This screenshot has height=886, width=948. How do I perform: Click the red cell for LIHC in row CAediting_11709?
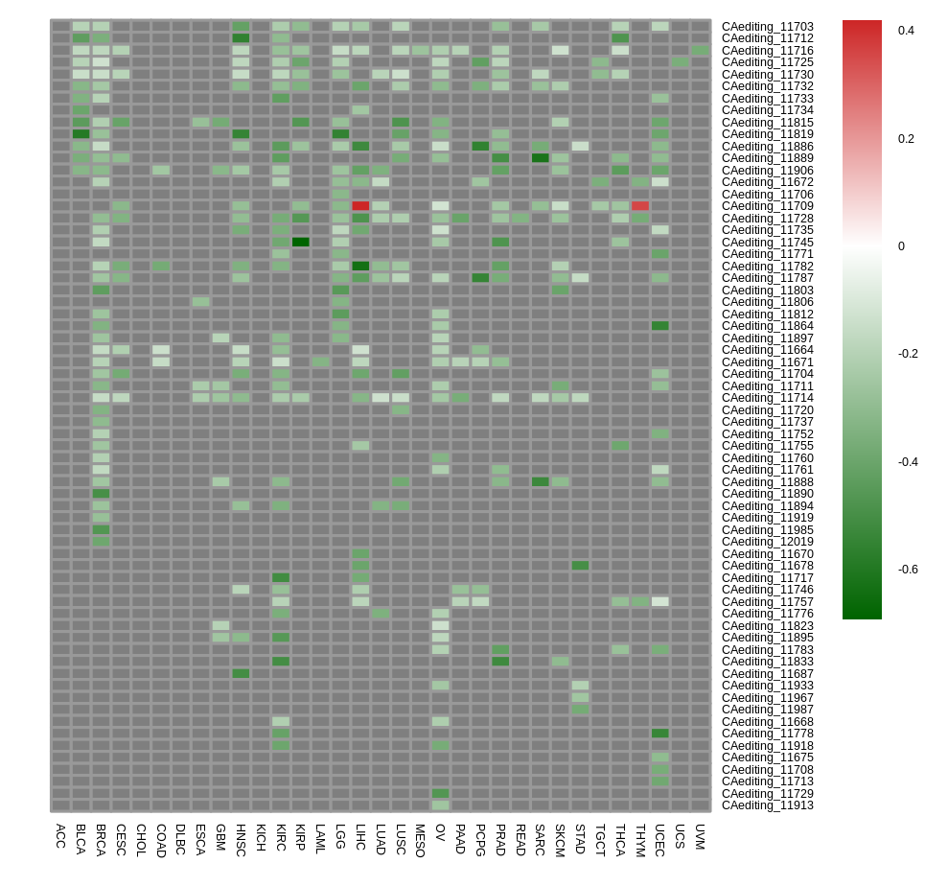[360, 206]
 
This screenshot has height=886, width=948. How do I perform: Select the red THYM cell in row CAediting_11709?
[640, 206]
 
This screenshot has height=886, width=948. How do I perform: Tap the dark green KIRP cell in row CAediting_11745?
[300, 242]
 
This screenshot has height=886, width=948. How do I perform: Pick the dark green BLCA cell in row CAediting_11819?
[81, 134]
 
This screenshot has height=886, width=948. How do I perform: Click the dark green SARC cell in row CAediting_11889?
[541, 158]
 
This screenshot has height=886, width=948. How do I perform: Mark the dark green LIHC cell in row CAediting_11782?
[360, 267]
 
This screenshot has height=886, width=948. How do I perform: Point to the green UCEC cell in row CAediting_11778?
[660, 734]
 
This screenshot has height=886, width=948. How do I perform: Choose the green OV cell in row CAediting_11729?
[440, 794]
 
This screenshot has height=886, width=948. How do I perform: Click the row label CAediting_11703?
[768, 27]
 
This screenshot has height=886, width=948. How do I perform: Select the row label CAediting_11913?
[768, 805]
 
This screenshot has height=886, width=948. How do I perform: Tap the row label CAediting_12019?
[768, 542]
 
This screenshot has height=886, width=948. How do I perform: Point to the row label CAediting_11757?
[768, 602]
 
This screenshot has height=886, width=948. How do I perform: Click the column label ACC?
[60, 836]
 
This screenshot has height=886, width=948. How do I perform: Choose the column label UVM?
[700, 837]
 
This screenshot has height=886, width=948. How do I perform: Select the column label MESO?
[420, 841]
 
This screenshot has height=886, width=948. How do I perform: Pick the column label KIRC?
[281, 838]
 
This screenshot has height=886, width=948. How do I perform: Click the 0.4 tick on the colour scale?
[906, 31]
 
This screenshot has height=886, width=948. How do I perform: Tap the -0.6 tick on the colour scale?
[908, 570]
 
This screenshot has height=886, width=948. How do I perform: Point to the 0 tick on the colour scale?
[901, 246]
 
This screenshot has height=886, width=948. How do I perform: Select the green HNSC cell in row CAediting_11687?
[241, 674]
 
